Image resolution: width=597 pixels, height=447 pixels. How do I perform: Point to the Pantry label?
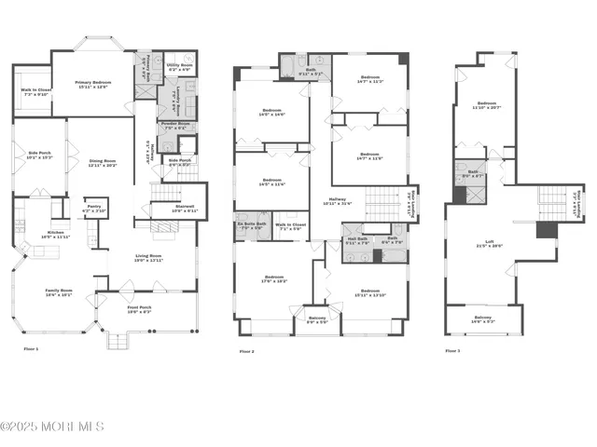(93, 210)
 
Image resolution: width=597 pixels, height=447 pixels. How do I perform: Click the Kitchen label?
(57, 235)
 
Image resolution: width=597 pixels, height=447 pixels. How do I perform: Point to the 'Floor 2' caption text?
(247, 351)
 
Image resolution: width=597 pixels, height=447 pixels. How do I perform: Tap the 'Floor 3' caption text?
(453, 351)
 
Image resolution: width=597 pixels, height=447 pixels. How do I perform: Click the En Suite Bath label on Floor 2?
(252, 225)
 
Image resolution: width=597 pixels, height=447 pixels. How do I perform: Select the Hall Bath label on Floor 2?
(358, 241)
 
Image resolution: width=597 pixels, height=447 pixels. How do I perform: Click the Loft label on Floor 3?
(483, 244)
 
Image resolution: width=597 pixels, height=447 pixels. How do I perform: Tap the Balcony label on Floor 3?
(483, 319)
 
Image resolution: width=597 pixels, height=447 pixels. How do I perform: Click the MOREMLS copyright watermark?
(53, 427)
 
